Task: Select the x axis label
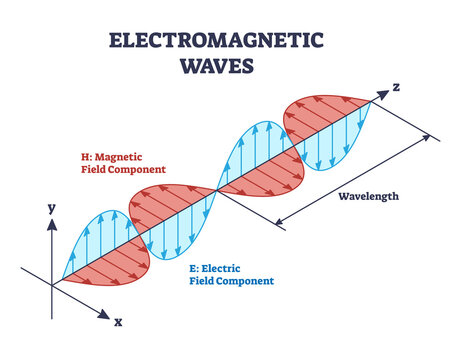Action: (x=117, y=323)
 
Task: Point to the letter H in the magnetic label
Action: (x=86, y=156)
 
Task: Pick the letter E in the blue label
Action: (x=193, y=267)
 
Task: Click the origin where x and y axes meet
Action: (x=52, y=286)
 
